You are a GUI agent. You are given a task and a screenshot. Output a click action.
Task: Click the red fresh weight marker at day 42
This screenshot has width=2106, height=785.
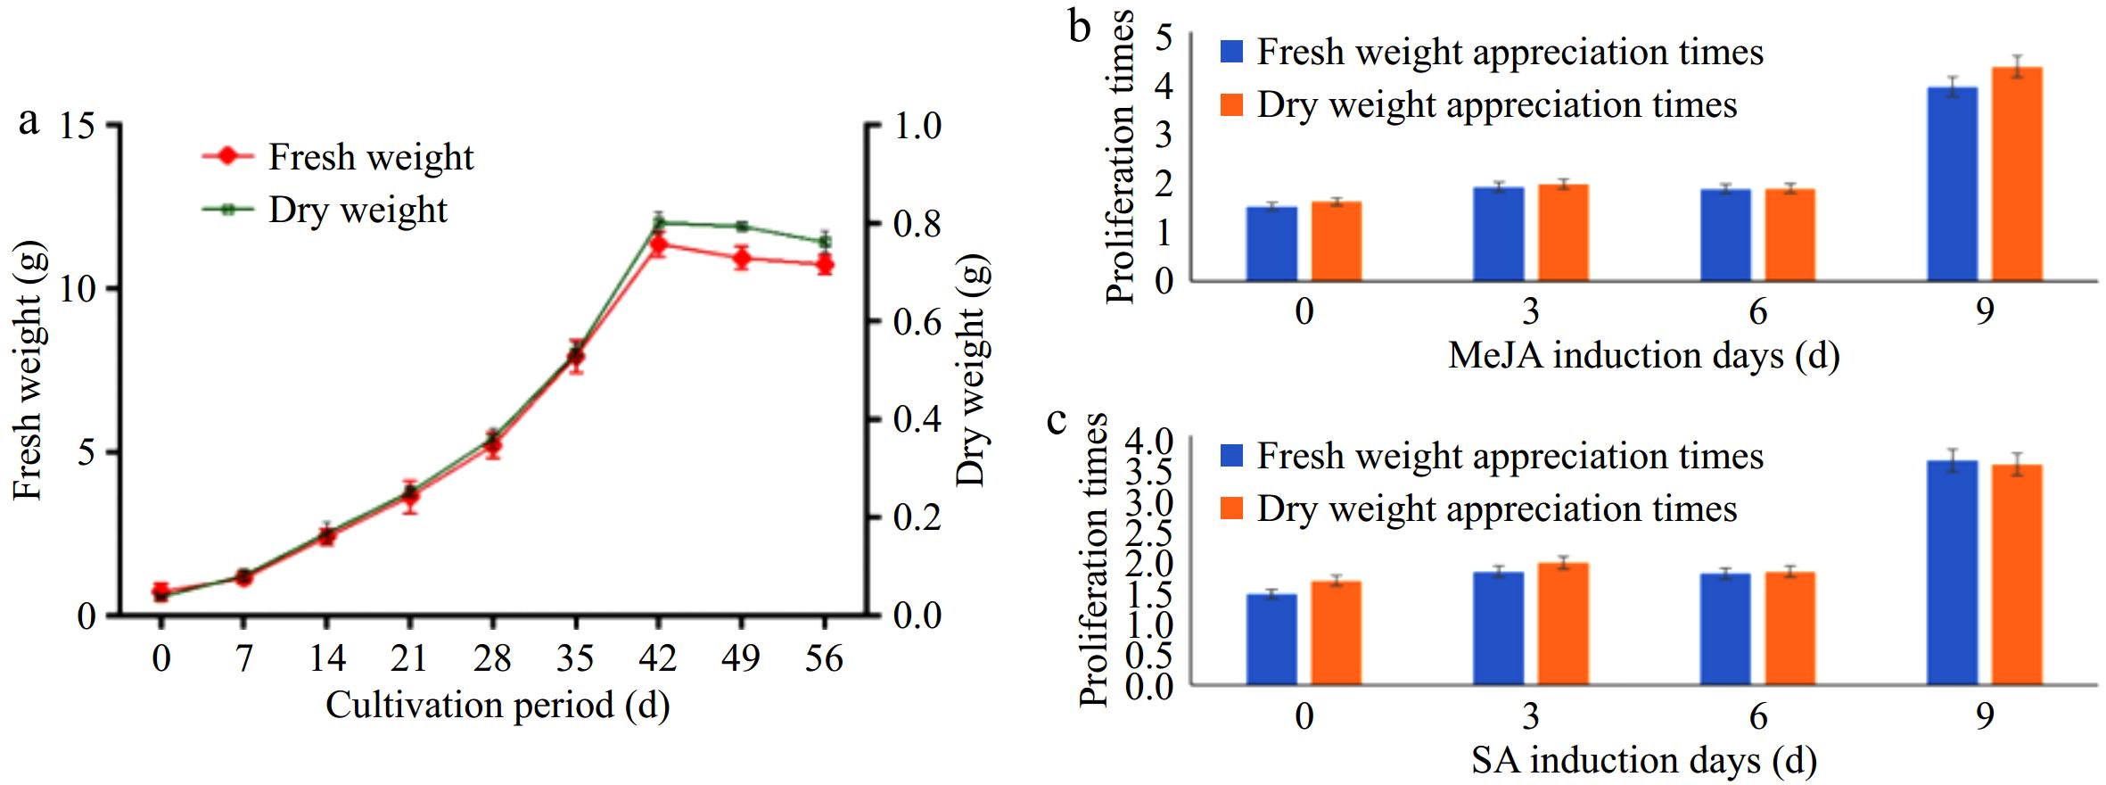(x=659, y=244)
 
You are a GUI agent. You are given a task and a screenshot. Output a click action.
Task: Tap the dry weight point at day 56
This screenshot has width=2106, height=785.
(x=825, y=241)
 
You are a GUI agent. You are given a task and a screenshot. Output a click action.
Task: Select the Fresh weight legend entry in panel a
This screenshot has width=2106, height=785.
(x=370, y=157)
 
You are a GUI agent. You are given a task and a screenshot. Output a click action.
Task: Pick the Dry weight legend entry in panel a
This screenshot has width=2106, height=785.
(x=357, y=210)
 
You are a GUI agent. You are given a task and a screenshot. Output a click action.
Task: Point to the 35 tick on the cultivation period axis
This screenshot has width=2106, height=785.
(x=575, y=658)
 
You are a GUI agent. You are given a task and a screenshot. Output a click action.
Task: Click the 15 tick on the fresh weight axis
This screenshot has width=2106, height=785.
(x=78, y=126)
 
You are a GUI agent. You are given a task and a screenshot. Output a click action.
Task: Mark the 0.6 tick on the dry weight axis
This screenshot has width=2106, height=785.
(x=917, y=321)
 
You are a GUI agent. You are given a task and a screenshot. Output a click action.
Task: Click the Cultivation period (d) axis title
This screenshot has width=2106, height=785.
(x=498, y=705)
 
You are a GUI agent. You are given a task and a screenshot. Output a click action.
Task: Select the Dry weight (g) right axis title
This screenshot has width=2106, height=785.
(x=973, y=370)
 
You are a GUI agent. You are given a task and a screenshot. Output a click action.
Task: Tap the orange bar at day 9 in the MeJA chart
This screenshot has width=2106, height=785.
(x=2017, y=174)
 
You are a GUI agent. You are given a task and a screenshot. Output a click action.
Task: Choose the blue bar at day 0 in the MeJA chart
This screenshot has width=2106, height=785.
(x=1271, y=244)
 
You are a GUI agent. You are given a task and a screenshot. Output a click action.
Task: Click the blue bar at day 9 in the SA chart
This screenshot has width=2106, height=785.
(x=1952, y=573)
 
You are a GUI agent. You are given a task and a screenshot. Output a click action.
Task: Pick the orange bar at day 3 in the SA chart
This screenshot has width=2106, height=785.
(x=1563, y=624)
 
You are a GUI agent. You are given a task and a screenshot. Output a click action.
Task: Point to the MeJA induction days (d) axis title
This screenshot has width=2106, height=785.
(x=1643, y=355)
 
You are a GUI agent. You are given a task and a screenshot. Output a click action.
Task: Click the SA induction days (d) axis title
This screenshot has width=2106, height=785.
(x=1643, y=760)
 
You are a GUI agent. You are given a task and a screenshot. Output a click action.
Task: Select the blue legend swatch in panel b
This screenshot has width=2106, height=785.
(x=1231, y=52)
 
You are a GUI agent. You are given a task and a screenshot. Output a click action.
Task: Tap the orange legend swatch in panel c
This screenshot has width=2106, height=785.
(x=1231, y=508)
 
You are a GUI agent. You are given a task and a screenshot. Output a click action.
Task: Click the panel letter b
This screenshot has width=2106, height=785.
(x=1080, y=27)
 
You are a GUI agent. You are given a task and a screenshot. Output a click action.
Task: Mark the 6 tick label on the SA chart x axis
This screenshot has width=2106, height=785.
(x=1757, y=715)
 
